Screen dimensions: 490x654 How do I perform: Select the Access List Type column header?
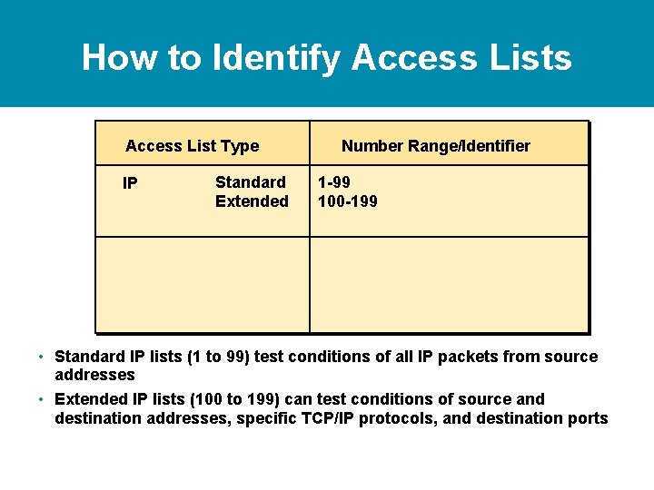(x=192, y=146)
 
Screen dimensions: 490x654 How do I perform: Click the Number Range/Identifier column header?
(x=436, y=146)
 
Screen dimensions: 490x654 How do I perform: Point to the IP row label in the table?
(x=130, y=184)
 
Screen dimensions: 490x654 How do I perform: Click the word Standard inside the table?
(x=250, y=182)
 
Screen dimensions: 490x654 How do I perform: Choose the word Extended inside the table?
(x=252, y=201)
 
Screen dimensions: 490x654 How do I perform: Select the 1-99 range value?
(x=333, y=182)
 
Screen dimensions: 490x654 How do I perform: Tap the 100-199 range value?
(x=347, y=201)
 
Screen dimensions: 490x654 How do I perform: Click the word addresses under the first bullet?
(x=94, y=375)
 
